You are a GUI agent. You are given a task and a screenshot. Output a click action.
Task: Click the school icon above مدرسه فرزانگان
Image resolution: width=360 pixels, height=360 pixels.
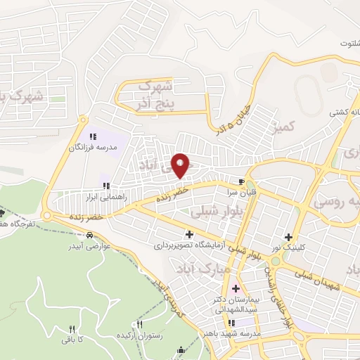(x=92, y=137)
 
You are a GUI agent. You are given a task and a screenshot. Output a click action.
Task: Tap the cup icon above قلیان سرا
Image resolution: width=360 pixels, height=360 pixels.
(x=243, y=181)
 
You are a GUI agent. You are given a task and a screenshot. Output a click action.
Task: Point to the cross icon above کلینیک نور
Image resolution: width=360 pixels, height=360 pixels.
(x=288, y=237)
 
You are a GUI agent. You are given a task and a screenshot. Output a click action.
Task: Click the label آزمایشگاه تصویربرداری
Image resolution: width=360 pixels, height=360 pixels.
(x=188, y=247)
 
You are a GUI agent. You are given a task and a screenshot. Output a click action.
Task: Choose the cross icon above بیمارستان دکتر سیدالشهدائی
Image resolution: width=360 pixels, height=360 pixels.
(x=235, y=288)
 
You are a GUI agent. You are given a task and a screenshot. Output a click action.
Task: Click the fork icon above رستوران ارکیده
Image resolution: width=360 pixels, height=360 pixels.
(x=139, y=325)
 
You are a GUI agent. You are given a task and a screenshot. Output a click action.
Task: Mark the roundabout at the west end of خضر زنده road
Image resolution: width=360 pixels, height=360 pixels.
(x=47, y=216)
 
